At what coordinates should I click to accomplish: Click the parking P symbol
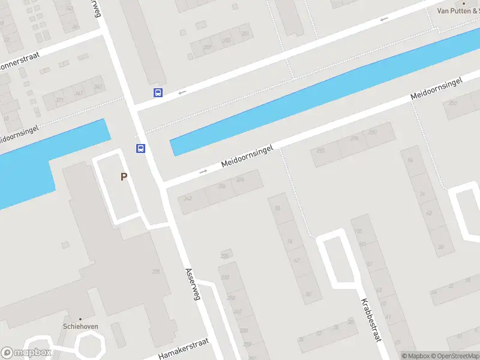pyautogui.click(x=124, y=177)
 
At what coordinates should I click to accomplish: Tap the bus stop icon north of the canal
pyautogui.click(x=158, y=92)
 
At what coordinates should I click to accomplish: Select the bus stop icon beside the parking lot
pyautogui.click(x=140, y=149)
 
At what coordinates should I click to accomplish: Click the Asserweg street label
pyautogui.click(x=194, y=285)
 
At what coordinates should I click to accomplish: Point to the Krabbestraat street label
pyautogui.click(x=371, y=320)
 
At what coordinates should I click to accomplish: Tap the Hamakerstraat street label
pyautogui.click(x=183, y=349)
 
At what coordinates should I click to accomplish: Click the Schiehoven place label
pyautogui.click(x=80, y=327)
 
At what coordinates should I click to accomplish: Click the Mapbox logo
pyautogui.click(x=26, y=353)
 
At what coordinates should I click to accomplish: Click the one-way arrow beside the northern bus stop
pyautogui.click(x=182, y=92)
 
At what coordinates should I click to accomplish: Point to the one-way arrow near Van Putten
pyautogui.click(x=384, y=19)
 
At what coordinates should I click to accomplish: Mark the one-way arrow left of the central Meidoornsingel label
pyautogui.click(x=203, y=172)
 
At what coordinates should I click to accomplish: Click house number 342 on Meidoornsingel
pyautogui.click(x=188, y=199)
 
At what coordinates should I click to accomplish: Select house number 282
pyautogui.click(x=321, y=151)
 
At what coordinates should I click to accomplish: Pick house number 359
pyautogui.click(x=207, y=47)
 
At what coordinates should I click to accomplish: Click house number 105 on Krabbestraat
pyautogui.click(x=359, y=232)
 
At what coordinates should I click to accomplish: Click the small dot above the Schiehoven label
pyautogui.click(x=80, y=319)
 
